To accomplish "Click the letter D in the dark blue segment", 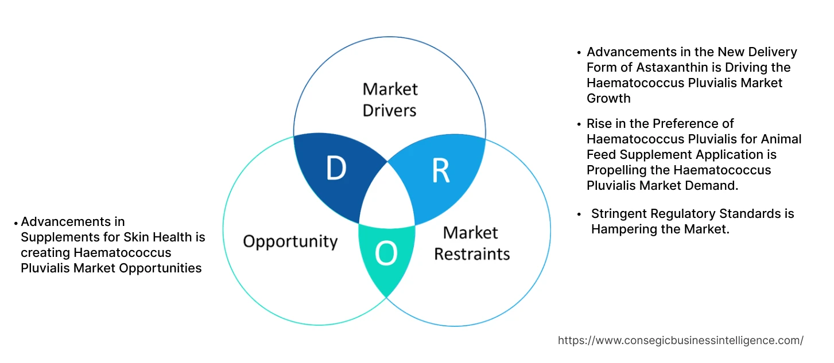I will click(336, 169).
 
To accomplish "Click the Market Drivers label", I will click(390, 99).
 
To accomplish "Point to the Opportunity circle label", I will click(290, 241).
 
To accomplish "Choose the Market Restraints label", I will click(471, 243).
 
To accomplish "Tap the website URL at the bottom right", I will click(680, 340).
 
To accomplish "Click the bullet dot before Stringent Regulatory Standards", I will click(580, 213).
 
